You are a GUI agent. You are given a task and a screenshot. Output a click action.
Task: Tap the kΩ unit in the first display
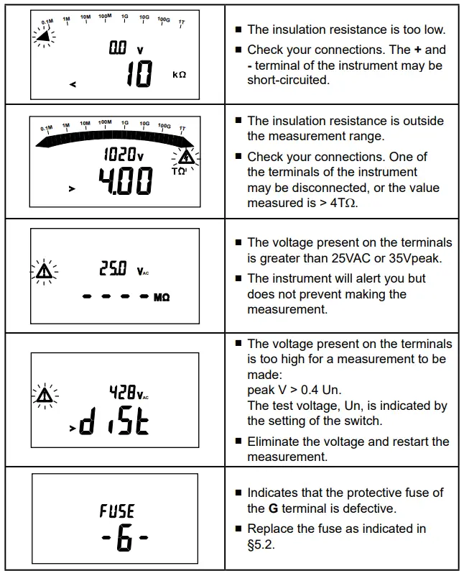pos(179,74)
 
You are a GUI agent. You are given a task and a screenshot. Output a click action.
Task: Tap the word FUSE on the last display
pos(117,511)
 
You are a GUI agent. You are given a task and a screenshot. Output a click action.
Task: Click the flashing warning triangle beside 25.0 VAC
pos(45,272)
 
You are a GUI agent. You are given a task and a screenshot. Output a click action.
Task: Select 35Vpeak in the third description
pos(406,258)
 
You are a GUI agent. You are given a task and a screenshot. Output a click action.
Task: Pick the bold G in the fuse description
pos(273,508)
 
